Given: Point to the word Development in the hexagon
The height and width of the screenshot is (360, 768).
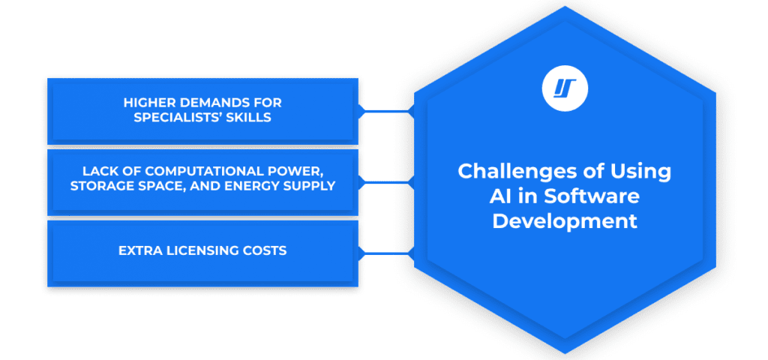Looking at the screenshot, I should tap(565, 221).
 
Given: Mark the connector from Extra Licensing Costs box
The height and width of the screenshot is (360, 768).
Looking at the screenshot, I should tap(386, 253).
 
